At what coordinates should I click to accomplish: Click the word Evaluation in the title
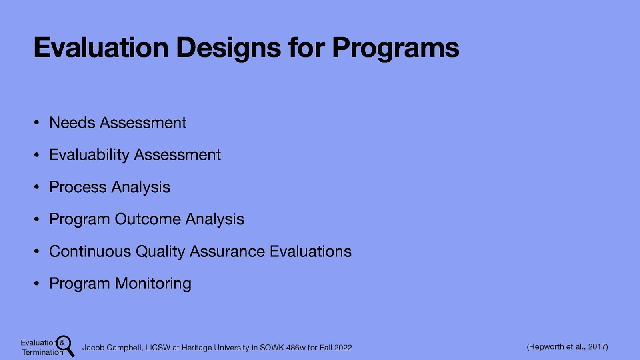pyautogui.click(x=101, y=48)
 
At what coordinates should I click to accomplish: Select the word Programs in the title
pyautogui.click(x=395, y=48)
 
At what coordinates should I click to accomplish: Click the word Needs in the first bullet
pyautogui.click(x=72, y=123)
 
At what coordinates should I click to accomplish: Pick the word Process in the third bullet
pyautogui.click(x=78, y=187)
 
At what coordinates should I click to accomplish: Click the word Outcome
pyautogui.click(x=148, y=219)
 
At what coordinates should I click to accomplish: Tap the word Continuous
pyautogui.click(x=90, y=252)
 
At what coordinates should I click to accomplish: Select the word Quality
pyautogui.click(x=160, y=252)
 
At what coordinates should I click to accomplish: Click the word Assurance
pyautogui.click(x=227, y=252)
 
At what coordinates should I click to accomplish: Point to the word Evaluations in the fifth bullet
pyautogui.click(x=310, y=252)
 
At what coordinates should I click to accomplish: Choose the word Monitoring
pyautogui.click(x=153, y=284)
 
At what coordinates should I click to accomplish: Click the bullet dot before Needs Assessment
pyautogui.click(x=36, y=123)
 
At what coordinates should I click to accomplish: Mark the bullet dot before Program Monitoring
pyautogui.click(x=36, y=284)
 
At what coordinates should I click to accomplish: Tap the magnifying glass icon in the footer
pyautogui.click(x=65, y=345)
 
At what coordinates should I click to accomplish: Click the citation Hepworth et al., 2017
pyautogui.click(x=567, y=346)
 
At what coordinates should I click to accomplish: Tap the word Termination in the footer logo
pyautogui.click(x=42, y=352)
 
